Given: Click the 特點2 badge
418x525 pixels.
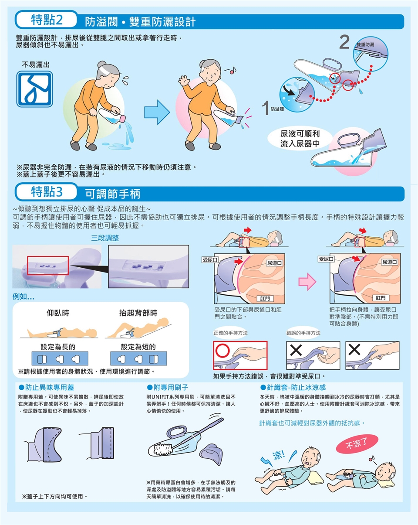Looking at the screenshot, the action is [x=47, y=20].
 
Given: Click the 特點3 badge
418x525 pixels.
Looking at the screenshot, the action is [x=47, y=192].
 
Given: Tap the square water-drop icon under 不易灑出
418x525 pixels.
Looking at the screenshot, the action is [x=34, y=89].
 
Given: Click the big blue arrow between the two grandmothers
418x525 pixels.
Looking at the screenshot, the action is [x=157, y=112].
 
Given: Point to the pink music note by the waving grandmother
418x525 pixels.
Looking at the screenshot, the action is [x=232, y=71].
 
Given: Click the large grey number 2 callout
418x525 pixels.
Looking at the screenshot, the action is [x=344, y=42].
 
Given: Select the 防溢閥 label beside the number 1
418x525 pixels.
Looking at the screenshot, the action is [x=277, y=109].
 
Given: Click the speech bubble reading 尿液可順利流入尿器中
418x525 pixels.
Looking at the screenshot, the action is [x=300, y=139].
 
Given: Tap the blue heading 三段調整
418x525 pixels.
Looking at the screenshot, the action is [x=105, y=238].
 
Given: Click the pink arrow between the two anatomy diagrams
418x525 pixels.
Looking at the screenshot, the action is [x=307, y=282].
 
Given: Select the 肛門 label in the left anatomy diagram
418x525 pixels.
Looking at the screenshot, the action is [x=265, y=298].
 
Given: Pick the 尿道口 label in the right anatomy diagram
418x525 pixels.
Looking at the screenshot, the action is [x=390, y=262].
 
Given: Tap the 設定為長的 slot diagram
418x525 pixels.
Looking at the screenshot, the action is [x=60, y=358].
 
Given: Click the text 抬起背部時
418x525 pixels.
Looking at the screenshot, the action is [x=138, y=313].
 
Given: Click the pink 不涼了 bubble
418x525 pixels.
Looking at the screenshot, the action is [x=357, y=443].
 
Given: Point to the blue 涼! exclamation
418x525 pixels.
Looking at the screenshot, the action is [x=278, y=455].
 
